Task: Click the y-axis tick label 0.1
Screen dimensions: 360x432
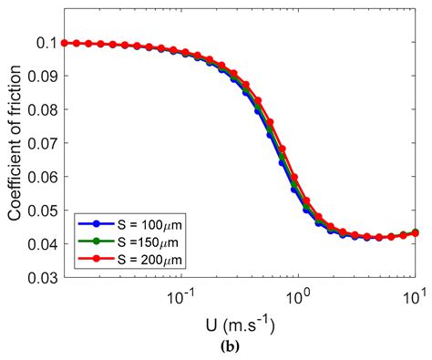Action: [x=47, y=43]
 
